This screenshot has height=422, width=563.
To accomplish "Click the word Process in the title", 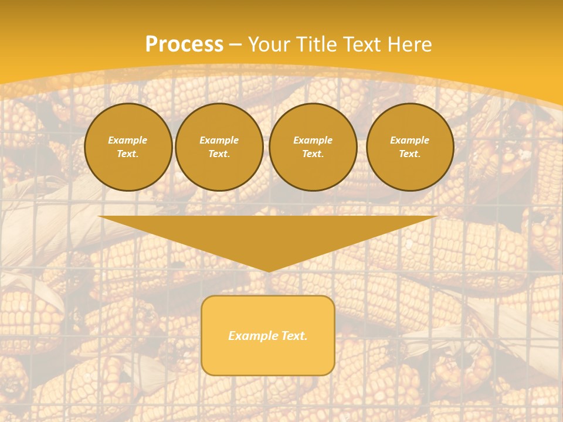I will (x=184, y=45).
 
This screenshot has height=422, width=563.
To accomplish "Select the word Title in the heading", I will (x=317, y=45).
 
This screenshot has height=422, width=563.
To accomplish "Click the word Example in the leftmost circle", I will (x=128, y=140).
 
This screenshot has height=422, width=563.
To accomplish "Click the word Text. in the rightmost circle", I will (x=409, y=154).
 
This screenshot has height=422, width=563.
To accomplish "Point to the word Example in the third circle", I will (x=313, y=140).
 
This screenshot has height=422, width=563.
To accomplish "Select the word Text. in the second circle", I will (x=219, y=154).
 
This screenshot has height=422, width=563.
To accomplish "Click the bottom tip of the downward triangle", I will (x=268, y=271).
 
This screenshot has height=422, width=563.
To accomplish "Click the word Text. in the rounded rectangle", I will (x=294, y=336).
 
